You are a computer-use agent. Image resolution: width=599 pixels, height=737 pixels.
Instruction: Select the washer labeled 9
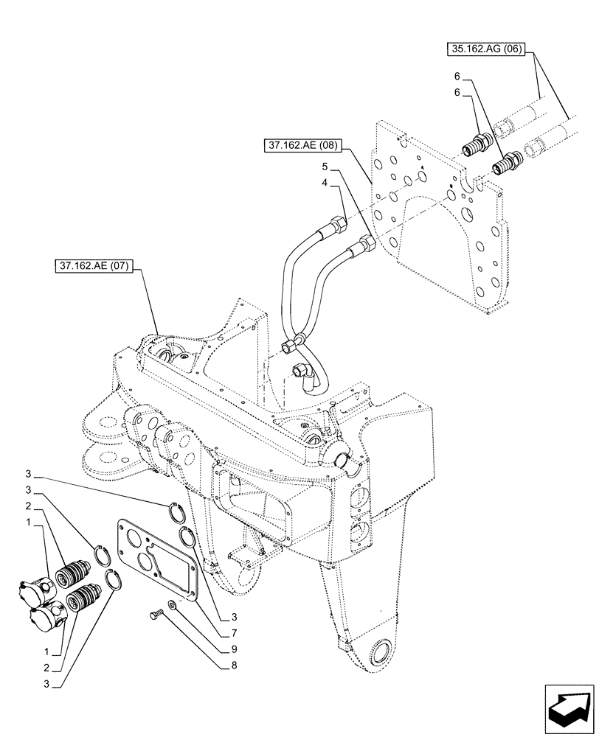click(x=171, y=604)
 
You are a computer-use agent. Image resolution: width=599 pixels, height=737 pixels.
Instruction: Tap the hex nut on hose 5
click(x=365, y=243)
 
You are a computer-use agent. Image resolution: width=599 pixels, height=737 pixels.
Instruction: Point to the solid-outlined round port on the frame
click(x=343, y=460)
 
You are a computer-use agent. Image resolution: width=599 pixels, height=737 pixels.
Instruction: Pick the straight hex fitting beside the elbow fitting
click(x=295, y=341)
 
